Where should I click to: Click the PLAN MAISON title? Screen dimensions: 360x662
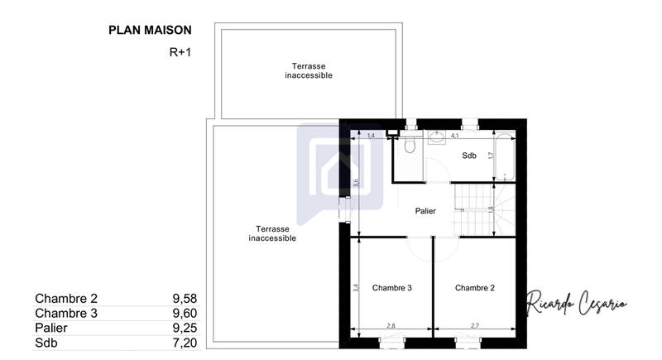(150, 30)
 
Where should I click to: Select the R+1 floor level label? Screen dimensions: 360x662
(180, 52)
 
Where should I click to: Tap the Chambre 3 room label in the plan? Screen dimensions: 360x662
(392, 288)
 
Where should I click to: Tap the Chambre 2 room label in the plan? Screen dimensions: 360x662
(475, 288)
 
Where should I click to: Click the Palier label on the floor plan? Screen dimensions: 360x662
(425, 211)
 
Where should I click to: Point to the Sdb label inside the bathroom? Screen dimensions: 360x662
(469, 156)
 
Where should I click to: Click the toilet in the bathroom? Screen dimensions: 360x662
(409, 146)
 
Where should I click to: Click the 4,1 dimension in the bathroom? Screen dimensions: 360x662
(454, 135)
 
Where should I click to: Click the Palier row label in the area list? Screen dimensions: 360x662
(51, 328)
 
